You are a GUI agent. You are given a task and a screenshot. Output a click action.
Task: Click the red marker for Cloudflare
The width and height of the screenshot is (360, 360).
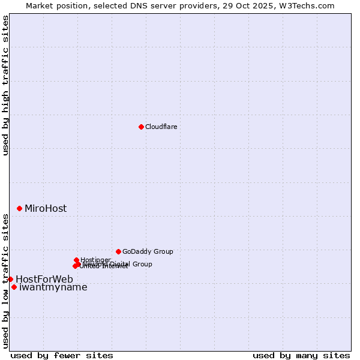point(141,127)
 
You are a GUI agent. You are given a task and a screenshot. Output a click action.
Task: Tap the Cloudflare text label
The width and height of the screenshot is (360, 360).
point(161,127)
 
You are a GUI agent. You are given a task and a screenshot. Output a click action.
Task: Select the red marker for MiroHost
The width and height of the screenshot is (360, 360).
point(20,208)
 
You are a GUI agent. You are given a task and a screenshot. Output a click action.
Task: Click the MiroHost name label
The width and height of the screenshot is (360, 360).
point(46,209)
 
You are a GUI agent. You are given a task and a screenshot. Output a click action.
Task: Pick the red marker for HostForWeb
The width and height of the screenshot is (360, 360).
point(10,279)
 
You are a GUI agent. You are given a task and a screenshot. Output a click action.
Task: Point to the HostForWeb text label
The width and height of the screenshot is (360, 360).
point(44,280)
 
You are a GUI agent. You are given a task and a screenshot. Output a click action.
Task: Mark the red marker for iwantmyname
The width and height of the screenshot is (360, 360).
point(14,287)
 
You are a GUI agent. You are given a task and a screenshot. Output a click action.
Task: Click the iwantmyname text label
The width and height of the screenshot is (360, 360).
point(53,287)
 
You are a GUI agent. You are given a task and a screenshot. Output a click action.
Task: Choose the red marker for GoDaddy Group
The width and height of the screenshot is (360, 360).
point(118,251)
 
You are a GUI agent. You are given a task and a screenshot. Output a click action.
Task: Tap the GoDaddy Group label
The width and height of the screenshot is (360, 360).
point(148,252)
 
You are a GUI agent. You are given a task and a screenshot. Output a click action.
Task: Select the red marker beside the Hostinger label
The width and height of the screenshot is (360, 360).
point(76,260)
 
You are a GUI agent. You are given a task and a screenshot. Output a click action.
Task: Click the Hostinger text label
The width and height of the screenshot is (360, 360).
point(96,260)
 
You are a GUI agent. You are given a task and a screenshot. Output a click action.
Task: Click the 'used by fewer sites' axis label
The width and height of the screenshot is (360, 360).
point(62,355)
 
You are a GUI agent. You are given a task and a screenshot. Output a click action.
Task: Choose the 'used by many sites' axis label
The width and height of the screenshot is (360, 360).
point(301,355)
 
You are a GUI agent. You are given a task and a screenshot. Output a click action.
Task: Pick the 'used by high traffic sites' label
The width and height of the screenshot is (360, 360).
point(5,86)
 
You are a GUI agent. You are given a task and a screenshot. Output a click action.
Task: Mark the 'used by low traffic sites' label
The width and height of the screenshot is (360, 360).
point(5,280)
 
